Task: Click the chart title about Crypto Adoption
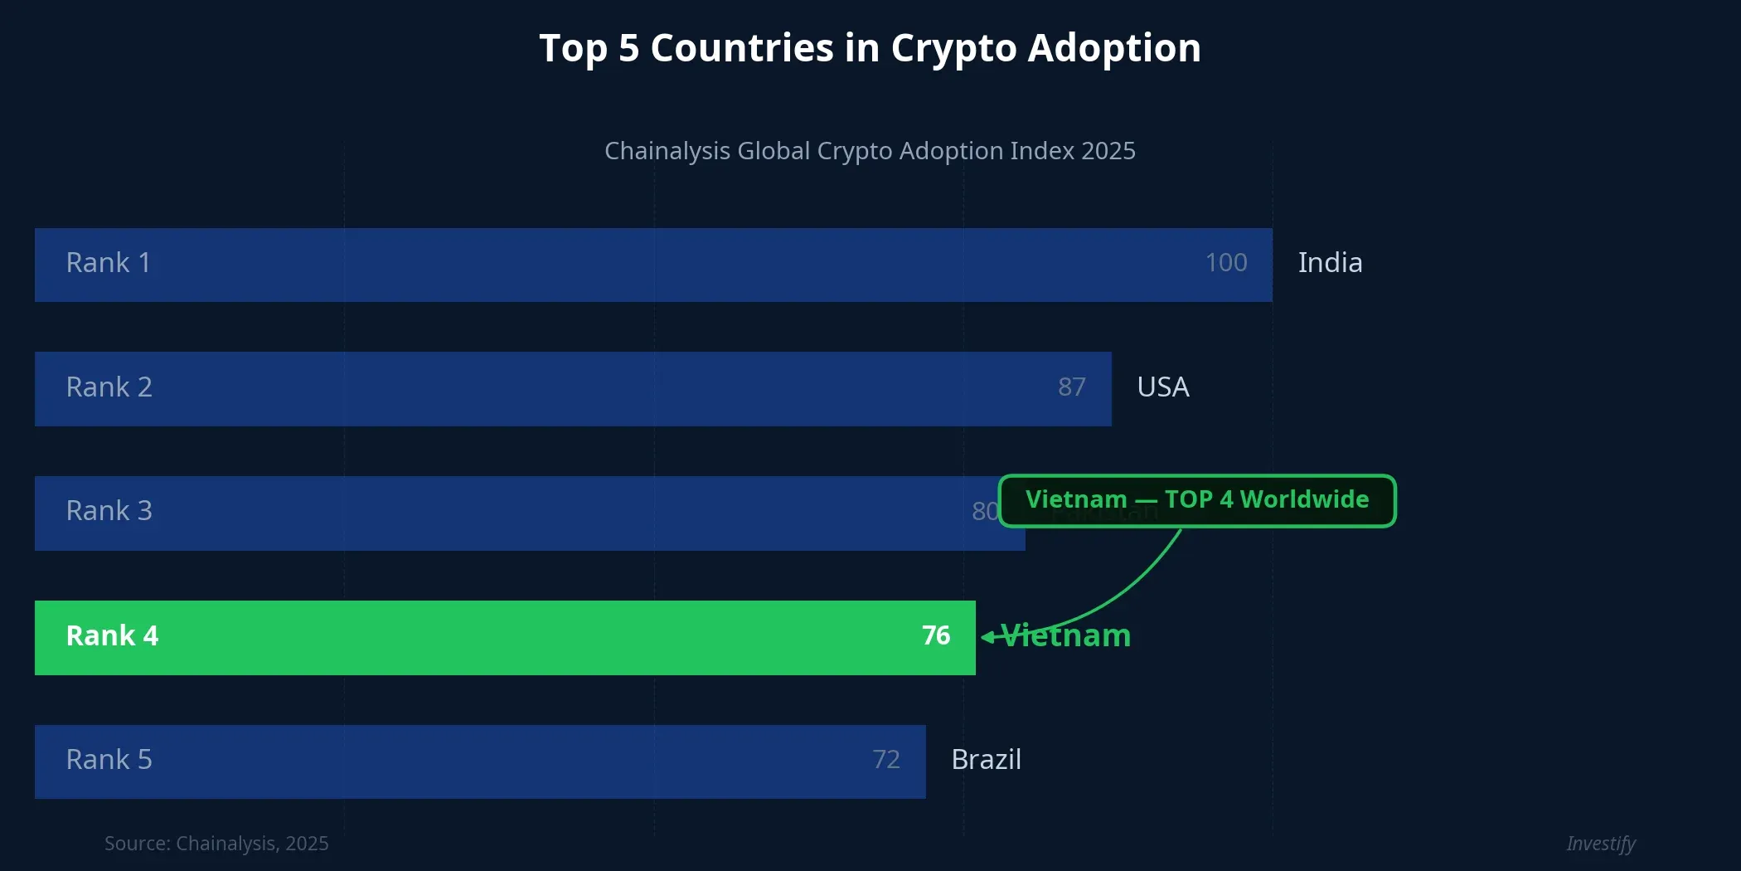pos(870,48)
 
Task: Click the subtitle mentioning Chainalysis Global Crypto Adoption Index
pos(870,151)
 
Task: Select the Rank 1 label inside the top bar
pos(109,263)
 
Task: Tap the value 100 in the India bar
pos(1225,263)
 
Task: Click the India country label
pos(1330,263)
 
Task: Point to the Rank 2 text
pos(109,387)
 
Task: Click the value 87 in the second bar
pos(1071,387)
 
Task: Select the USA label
pos(1162,387)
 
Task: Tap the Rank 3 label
pos(109,511)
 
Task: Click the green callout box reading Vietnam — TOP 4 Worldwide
pos(1196,500)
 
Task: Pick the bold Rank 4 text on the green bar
pos(112,636)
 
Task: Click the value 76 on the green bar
pos(936,636)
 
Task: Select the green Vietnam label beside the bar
pos(1067,636)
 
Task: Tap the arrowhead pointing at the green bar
pos(987,637)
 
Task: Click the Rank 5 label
pos(109,760)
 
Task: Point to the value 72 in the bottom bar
pos(885,760)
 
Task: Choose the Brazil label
pos(986,760)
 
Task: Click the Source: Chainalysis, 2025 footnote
pos(216,844)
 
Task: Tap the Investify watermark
pos(1600,844)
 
